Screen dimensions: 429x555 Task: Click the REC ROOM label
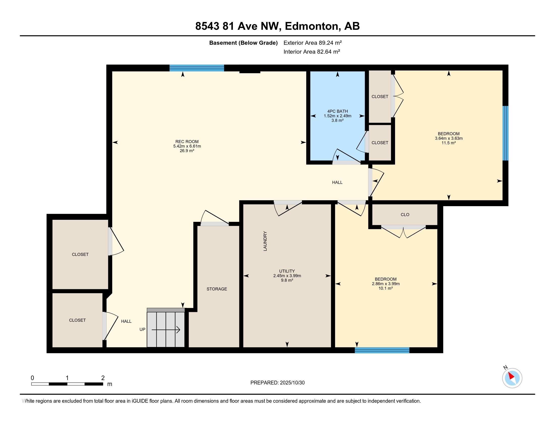(x=187, y=142)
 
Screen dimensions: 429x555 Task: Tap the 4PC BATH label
(x=338, y=111)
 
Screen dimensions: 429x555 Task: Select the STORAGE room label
(x=216, y=289)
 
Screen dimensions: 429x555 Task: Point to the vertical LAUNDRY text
(x=265, y=241)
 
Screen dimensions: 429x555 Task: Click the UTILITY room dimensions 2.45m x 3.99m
(x=287, y=276)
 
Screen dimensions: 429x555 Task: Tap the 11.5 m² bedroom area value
(x=449, y=143)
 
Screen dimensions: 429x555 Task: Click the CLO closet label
(x=405, y=215)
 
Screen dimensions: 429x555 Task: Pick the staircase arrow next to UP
(x=166, y=330)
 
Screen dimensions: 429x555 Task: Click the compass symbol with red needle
(x=512, y=378)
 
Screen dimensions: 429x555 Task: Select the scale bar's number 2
(x=103, y=378)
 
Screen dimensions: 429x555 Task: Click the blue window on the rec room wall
(x=197, y=68)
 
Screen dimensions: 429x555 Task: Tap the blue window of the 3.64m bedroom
(x=506, y=133)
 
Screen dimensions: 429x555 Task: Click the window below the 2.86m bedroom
(x=382, y=350)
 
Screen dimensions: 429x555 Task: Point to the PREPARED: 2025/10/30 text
(x=277, y=383)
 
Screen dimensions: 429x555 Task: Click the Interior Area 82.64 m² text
(x=312, y=52)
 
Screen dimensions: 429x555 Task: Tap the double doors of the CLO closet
(x=404, y=231)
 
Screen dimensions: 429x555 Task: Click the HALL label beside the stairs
(x=126, y=321)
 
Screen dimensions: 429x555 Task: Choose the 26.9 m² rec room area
(x=187, y=151)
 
